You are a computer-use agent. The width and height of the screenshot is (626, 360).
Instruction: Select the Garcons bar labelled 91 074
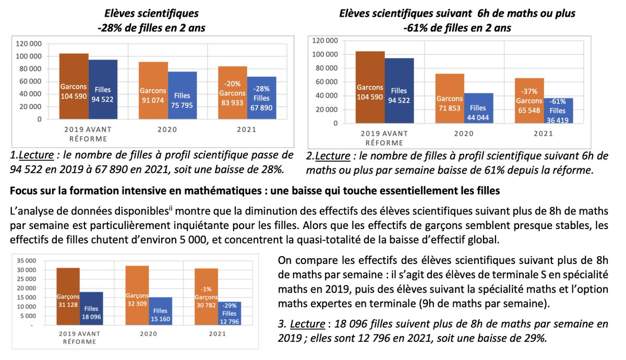pos(153,91)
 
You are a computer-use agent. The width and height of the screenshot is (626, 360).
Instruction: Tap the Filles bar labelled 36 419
pos(558,111)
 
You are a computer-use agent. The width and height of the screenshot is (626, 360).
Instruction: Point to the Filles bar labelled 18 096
pos(91,308)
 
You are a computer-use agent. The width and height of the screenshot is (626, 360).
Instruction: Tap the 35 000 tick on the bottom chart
pos(26,260)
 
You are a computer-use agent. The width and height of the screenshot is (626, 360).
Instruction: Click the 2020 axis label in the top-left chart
pos(167,130)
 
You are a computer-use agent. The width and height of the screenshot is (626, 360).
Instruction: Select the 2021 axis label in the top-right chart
pos(543,134)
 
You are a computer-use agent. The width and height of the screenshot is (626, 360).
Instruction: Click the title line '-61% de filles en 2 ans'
pos(457,27)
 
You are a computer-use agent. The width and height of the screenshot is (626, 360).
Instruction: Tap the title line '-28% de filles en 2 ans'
pos(151,27)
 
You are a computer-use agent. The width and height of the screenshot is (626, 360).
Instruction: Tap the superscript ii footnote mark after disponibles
pos(170,210)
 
